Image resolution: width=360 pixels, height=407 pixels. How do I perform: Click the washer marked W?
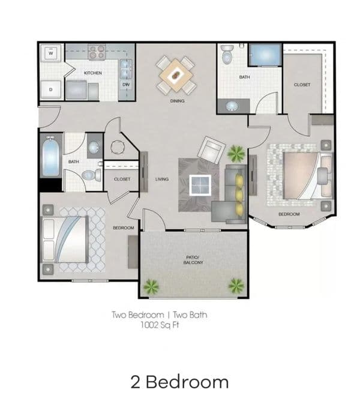(x=51, y=53)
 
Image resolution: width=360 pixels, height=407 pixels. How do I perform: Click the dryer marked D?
(x=51, y=89)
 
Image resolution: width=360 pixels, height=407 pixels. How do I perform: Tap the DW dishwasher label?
(x=126, y=85)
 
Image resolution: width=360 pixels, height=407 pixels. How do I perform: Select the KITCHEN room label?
(x=93, y=73)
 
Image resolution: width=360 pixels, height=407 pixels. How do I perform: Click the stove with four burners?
(x=97, y=52)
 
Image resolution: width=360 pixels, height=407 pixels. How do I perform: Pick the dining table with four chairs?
(x=176, y=75)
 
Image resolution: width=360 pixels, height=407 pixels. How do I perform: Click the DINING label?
(x=178, y=101)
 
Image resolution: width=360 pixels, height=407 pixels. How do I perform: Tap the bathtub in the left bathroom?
(x=50, y=157)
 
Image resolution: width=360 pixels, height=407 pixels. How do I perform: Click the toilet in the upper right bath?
(x=227, y=54)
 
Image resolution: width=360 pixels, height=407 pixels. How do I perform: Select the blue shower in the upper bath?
(x=265, y=55)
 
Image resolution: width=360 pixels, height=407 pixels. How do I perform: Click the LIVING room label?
(x=162, y=179)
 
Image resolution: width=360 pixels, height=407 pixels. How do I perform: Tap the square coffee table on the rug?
(x=200, y=185)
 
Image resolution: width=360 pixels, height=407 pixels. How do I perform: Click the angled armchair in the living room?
(x=211, y=150)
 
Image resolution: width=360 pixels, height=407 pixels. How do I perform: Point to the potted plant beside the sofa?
(x=236, y=154)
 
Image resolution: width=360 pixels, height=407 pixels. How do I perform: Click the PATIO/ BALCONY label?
(x=193, y=260)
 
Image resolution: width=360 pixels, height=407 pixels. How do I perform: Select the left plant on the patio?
(x=151, y=286)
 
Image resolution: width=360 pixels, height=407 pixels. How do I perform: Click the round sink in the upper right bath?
(x=232, y=106)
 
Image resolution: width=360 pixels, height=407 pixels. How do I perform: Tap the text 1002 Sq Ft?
(x=160, y=325)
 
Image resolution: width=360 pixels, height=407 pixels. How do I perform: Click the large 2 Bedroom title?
(x=179, y=382)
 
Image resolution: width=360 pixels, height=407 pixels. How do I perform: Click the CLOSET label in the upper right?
(x=302, y=85)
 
